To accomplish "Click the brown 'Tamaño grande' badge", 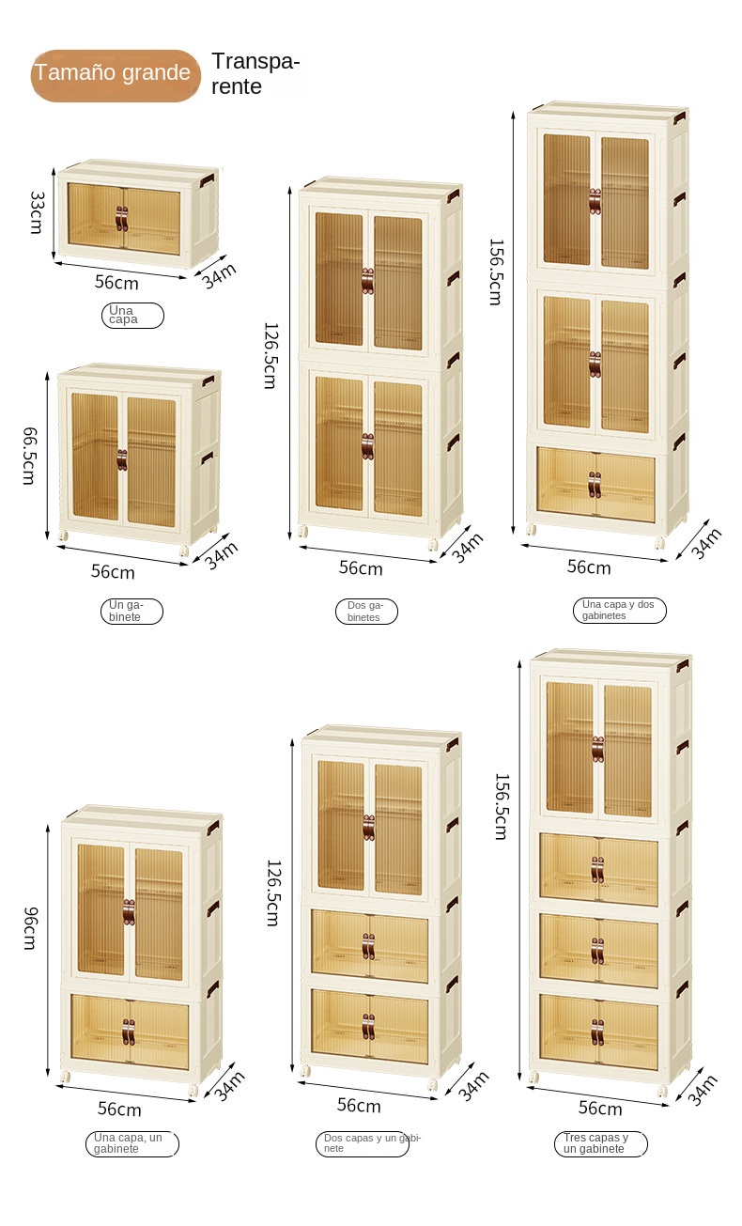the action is tap(116, 75).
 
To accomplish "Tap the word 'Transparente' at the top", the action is tap(255, 74).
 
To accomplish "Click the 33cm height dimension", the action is tap(36, 212).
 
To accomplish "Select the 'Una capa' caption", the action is tap(132, 316).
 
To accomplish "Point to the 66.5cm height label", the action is tap(29, 456).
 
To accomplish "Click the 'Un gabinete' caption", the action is tap(131, 611).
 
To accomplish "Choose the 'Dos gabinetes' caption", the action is tap(366, 611).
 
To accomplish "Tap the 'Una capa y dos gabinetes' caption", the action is tap(619, 610).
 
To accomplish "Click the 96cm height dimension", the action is tap(31, 927).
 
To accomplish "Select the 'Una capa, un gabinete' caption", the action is tap(131, 1143).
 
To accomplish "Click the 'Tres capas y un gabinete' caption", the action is tap(601, 1143).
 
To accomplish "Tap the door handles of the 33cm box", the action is tap(121, 219).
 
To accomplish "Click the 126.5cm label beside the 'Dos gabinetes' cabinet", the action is tap(271, 356).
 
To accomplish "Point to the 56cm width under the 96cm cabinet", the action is tap(119, 1110).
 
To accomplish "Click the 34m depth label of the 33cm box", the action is tap(219, 275).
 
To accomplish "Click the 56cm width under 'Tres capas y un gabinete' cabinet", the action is tap(600, 1109).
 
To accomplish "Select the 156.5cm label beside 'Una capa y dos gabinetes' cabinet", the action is tap(496, 272).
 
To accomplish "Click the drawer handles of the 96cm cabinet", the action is tap(129, 1032).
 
